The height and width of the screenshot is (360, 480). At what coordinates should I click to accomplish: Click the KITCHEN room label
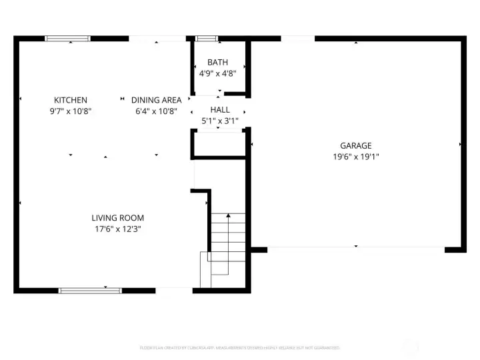coord(71,100)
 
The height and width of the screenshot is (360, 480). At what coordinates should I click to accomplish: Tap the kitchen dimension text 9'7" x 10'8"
coord(71,111)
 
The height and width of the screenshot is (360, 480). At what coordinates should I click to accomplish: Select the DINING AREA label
coord(156,100)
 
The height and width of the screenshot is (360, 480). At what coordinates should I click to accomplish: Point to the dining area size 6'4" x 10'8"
coord(156,111)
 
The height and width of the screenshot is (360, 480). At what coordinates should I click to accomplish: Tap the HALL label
coord(219,109)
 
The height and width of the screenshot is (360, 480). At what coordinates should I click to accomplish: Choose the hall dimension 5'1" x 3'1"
coord(219,121)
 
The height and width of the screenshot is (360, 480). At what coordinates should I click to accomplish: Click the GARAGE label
coord(355,145)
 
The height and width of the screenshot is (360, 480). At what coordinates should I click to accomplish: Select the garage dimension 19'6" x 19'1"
coord(355,157)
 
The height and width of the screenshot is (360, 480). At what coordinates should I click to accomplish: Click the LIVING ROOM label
coord(117,218)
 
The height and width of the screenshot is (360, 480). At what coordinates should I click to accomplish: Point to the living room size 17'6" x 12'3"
coord(117,229)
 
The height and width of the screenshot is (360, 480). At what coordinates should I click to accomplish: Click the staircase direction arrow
coord(228,216)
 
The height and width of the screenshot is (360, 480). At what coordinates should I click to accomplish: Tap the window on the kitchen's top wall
coord(68,39)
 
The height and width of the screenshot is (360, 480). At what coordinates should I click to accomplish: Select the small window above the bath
coord(207,39)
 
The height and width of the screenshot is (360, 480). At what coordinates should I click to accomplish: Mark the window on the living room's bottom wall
coord(90,290)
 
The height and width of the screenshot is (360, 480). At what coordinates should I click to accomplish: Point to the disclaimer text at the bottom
coord(239,347)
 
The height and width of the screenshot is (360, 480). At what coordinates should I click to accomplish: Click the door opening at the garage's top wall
coord(297,39)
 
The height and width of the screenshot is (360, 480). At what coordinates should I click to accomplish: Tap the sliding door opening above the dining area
coord(157,39)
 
